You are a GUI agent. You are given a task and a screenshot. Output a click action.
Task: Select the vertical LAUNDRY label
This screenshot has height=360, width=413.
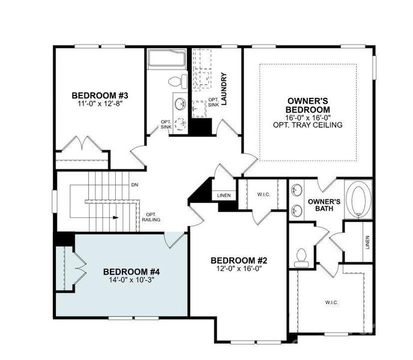click(x=224, y=89)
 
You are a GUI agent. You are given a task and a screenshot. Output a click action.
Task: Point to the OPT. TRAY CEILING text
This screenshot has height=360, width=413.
click(x=307, y=125)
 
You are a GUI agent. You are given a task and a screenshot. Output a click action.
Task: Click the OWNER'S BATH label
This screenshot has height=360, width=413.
click(x=325, y=205)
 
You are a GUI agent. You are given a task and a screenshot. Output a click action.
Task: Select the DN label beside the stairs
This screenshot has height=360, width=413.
click(x=134, y=185)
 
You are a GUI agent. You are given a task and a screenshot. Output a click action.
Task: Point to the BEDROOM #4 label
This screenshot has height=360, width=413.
click(x=130, y=271)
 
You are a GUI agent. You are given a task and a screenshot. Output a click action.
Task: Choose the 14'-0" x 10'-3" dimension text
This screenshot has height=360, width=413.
click(x=130, y=280)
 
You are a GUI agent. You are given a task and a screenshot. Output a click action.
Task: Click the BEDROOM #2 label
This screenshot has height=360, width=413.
click(x=238, y=260)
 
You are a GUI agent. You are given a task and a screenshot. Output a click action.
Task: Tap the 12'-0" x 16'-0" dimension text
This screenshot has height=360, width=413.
click(x=238, y=269)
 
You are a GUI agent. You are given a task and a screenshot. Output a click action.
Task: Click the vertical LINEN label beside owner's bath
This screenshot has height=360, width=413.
click(x=367, y=242)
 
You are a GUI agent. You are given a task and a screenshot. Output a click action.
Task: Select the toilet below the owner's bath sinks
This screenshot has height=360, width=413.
click(x=301, y=257)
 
